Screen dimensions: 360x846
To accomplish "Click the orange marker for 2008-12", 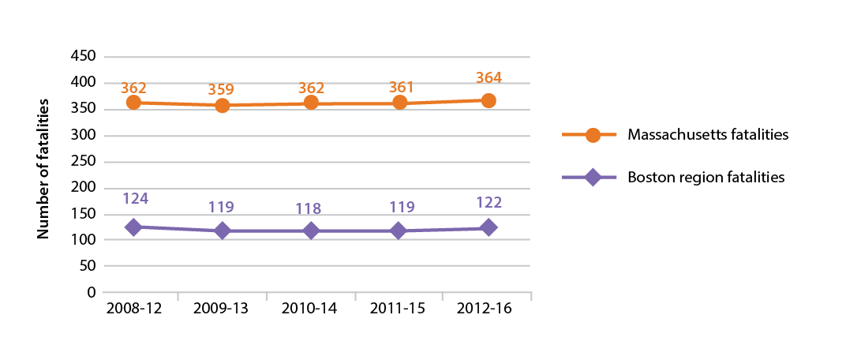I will [x=133, y=103].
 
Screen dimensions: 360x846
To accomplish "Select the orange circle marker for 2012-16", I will [x=489, y=101].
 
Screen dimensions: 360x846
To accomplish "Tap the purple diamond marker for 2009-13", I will [x=223, y=231].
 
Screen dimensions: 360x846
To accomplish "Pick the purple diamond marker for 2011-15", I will [x=399, y=231].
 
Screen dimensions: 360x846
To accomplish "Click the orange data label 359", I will [x=223, y=88].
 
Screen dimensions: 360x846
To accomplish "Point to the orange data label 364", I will [x=489, y=78].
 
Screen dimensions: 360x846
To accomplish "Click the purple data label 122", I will [x=489, y=202].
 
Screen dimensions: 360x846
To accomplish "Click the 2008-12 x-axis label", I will [x=133, y=309].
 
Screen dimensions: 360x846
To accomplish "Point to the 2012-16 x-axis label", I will [x=487, y=309].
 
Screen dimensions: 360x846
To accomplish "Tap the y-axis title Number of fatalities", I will [x=44, y=169].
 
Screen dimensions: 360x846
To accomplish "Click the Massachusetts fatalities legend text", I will [x=708, y=135].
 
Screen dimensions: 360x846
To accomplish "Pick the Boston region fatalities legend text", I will [x=706, y=178].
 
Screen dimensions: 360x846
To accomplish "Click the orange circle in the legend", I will [x=592, y=135].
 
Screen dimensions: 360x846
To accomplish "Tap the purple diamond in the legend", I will [x=592, y=178].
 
